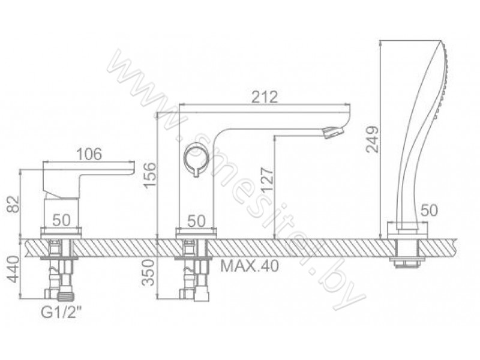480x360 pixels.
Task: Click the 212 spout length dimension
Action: (x=265, y=97)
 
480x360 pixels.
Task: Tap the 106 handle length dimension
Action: (x=89, y=154)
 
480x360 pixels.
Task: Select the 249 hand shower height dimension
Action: (x=373, y=139)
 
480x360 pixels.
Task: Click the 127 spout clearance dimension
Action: (x=268, y=179)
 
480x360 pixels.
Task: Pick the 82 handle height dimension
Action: (x=14, y=204)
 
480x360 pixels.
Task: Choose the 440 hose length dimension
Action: (x=14, y=269)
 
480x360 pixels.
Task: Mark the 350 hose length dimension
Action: (x=149, y=272)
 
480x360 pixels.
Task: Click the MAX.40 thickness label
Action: (x=250, y=266)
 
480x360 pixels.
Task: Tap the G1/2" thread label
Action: (x=62, y=313)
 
